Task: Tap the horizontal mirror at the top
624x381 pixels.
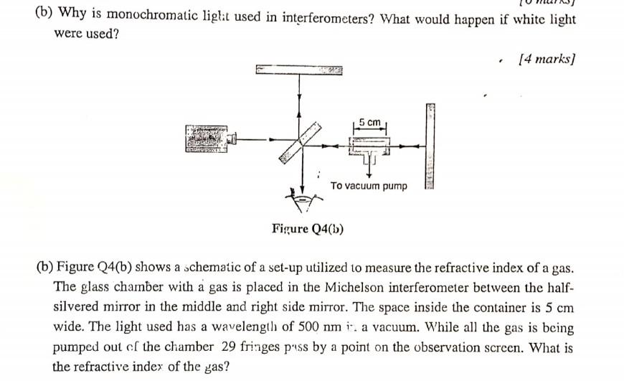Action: coord(298,70)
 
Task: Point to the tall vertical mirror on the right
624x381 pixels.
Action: coord(430,146)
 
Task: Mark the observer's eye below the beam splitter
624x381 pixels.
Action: coord(305,198)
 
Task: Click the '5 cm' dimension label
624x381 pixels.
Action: coord(370,122)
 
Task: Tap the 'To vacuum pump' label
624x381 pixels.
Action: coord(369,186)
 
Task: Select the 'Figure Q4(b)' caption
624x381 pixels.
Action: coord(308,229)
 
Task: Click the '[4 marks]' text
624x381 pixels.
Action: coord(547,58)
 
